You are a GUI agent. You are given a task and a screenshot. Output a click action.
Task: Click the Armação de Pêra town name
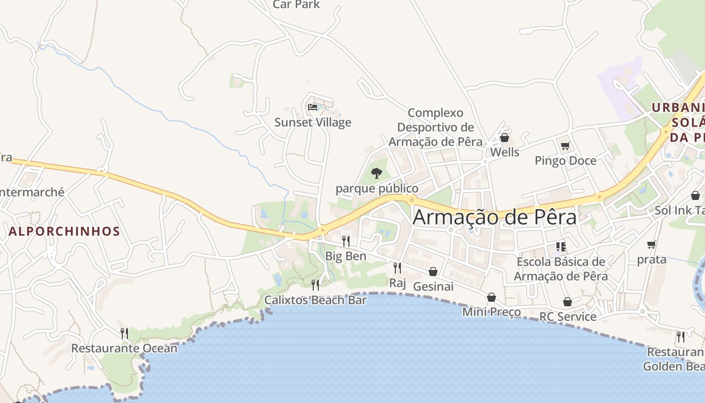[495, 217]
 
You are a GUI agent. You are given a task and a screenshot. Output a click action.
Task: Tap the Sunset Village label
[313, 122]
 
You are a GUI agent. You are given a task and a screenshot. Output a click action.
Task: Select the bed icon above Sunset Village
[313, 107]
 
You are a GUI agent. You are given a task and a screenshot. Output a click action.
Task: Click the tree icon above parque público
[376, 174]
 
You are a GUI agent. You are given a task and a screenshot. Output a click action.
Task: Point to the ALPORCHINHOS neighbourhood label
[64, 232]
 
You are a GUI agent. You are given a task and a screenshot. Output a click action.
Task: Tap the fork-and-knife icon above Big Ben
[345, 241]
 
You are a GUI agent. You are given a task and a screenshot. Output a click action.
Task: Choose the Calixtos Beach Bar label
[316, 300]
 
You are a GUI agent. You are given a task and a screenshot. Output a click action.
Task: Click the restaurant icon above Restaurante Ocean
[124, 333]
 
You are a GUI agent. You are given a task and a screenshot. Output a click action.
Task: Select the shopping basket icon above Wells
[505, 138]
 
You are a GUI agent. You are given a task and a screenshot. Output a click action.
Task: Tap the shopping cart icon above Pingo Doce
[565, 146]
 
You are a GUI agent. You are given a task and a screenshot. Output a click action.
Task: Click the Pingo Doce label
[566, 161]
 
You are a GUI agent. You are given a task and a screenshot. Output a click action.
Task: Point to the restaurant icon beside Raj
[397, 267]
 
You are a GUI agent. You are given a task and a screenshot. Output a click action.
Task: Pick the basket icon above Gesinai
[433, 272]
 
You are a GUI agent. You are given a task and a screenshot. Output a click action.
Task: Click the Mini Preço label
[491, 312]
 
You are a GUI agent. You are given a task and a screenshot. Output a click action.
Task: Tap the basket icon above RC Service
[568, 302]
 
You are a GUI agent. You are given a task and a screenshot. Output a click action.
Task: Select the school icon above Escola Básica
[561, 247]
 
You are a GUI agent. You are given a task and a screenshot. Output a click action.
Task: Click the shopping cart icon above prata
[651, 245]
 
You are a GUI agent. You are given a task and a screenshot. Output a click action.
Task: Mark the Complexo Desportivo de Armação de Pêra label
[436, 127]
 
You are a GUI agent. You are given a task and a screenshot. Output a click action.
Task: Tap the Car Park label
[296, 5]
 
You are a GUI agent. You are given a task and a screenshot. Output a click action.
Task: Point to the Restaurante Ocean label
[124, 348]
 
